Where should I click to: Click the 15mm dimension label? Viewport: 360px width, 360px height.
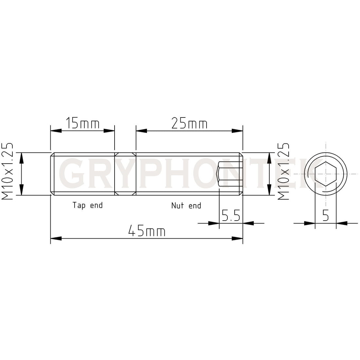click(x=83, y=123)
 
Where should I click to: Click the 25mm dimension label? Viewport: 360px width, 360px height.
click(x=189, y=123)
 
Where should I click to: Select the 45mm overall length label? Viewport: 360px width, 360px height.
click(x=147, y=231)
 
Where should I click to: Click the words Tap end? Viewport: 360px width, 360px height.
click(x=87, y=205)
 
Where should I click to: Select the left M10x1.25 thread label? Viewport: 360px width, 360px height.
click(x=7, y=171)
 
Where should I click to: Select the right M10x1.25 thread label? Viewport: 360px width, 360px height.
click(x=283, y=171)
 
